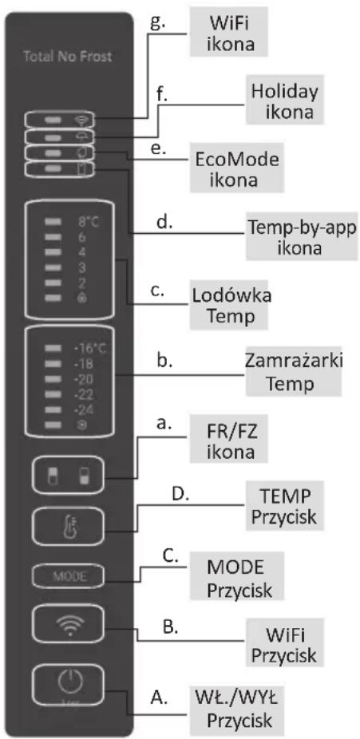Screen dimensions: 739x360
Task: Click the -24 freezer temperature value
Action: (83, 411)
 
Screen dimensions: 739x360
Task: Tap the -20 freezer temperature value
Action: (83, 379)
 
